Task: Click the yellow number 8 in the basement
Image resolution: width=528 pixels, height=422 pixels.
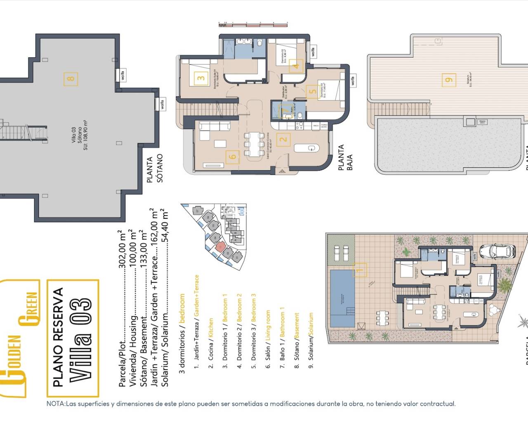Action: coord(71,78)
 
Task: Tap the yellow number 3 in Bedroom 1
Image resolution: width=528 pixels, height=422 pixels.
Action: coord(201,78)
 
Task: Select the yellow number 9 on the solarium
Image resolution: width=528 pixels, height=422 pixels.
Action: coord(449,80)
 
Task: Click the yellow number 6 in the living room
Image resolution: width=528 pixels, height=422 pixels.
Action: coord(233,157)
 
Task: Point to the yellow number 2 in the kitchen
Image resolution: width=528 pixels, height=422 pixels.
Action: coord(283,139)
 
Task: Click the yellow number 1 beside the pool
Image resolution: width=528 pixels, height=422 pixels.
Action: coord(360,270)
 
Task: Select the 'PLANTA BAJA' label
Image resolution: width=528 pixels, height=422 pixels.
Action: coord(345,157)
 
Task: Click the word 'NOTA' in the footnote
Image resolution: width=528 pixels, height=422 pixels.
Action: coord(56,404)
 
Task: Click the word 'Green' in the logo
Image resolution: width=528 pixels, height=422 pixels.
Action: coord(31,309)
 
